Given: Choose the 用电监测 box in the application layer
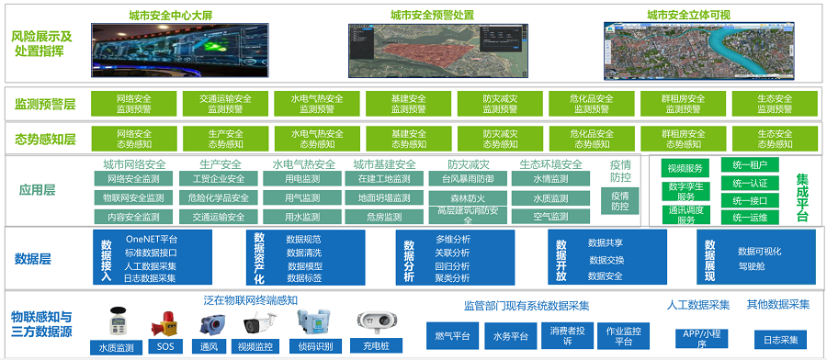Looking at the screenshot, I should point(303,179).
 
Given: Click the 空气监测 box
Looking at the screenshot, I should point(550,217).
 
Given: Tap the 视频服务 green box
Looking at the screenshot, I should point(685,168).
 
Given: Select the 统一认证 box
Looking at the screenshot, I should point(750,183).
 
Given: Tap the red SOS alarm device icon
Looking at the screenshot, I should point(166,322).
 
